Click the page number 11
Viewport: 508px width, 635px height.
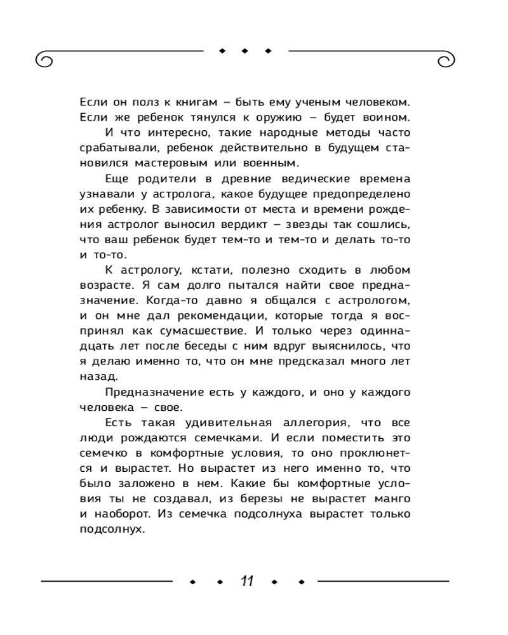(x=246, y=581)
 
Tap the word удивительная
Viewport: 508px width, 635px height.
(x=203, y=422)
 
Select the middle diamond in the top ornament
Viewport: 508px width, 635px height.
(x=245, y=50)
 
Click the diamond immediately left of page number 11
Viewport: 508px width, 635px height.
(x=219, y=582)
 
